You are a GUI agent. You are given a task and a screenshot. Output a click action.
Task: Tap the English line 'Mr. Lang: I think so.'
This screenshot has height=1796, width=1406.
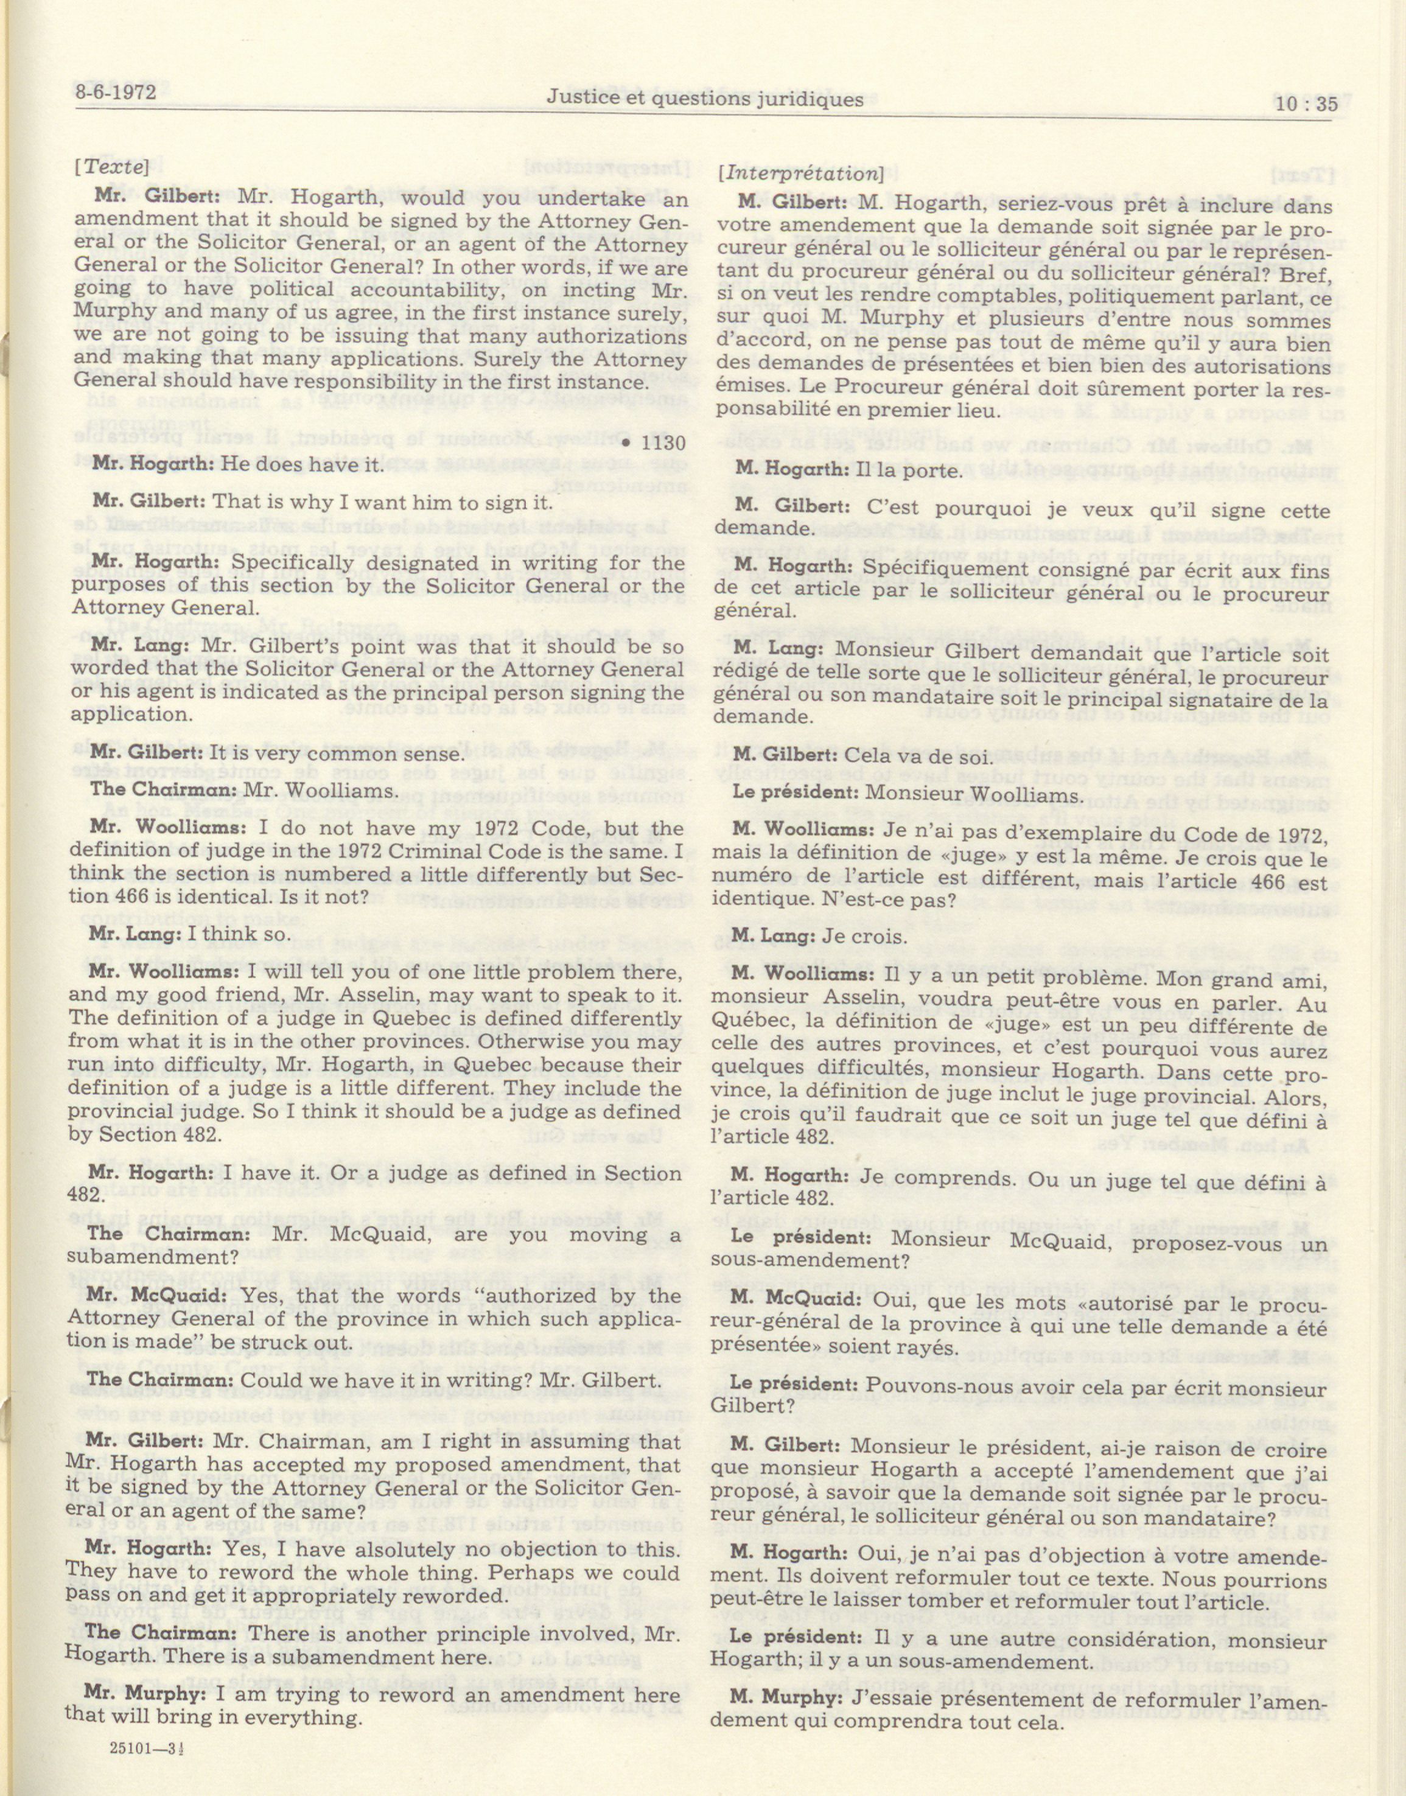[190, 934]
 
